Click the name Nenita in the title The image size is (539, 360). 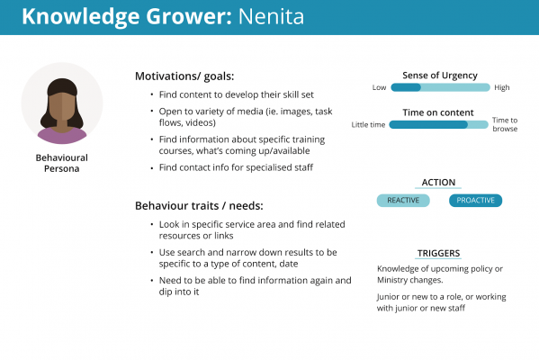pos(271,16)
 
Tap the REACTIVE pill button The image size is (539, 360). pos(403,201)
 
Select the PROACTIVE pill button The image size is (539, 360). pos(475,201)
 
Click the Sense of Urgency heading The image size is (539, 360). pos(440,76)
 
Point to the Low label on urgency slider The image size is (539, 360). pos(379,87)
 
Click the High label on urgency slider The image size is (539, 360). pos(502,87)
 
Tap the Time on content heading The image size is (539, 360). pos(438,112)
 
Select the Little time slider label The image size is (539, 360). pos(368,125)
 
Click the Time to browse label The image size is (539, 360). pos(505,124)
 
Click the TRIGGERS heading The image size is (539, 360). pos(438,254)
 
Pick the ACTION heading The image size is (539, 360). pos(438,183)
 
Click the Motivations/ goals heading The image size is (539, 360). pos(184,76)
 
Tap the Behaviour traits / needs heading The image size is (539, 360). pos(199,206)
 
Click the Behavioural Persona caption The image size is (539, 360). pos(62,163)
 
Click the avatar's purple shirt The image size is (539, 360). pos(62,136)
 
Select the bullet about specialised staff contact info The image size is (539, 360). pos(236,167)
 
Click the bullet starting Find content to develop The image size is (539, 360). pos(236,94)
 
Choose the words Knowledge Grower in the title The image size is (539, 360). pos(127,17)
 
